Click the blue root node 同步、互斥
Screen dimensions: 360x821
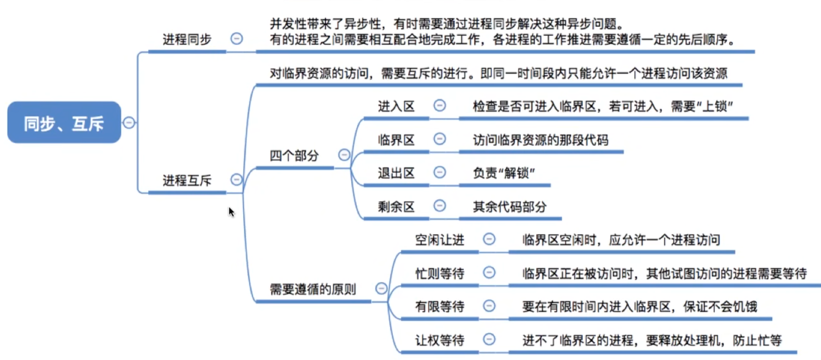64,122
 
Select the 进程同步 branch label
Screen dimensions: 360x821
187,39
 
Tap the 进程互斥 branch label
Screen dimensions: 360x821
187,180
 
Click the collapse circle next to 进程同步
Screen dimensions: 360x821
237,38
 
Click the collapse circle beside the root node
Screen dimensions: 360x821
129,122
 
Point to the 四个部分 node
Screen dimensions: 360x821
294,156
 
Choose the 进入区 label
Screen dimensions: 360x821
396,106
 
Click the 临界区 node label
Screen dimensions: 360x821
396,140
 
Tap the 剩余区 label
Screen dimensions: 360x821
396,207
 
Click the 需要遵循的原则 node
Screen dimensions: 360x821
313,289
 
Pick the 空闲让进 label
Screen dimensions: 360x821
439,240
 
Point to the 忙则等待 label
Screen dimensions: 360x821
439,273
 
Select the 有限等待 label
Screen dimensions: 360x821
439,306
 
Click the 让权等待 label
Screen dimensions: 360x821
439,340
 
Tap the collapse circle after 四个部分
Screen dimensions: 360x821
344,154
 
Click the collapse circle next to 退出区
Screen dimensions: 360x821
439,172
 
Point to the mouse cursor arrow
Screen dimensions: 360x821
231,211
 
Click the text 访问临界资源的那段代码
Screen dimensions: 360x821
541,140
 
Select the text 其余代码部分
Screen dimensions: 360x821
510,207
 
